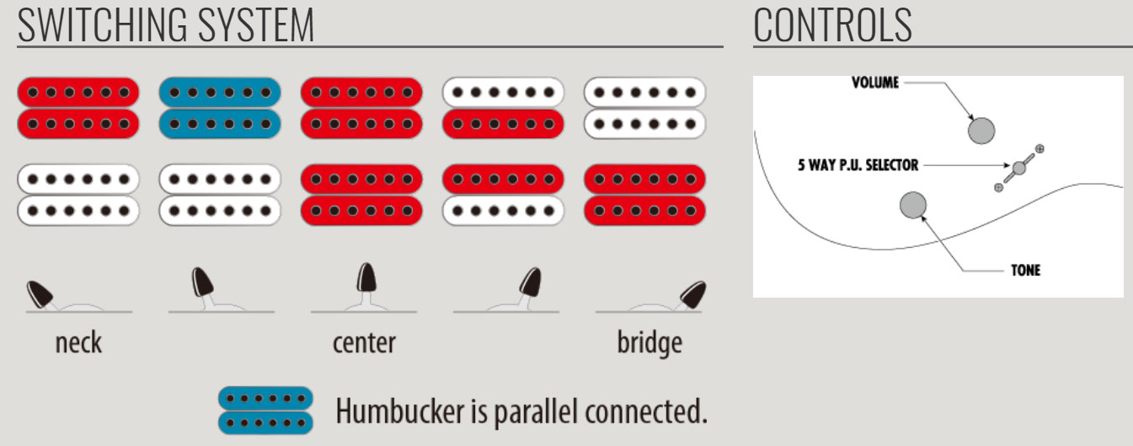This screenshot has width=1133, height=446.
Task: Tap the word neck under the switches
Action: (x=78, y=343)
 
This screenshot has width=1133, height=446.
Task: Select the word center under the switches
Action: (x=364, y=343)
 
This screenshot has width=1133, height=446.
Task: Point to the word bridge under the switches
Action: (x=649, y=343)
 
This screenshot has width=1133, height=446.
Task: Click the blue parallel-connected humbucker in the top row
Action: (x=220, y=107)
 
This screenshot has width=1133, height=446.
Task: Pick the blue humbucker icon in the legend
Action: (x=265, y=410)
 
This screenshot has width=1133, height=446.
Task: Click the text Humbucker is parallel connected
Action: (x=521, y=411)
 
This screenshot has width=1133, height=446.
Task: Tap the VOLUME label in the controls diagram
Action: (x=874, y=83)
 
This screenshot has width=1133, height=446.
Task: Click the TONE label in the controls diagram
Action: (x=1025, y=271)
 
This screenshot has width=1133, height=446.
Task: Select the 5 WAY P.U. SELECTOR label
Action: (x=858, y=164)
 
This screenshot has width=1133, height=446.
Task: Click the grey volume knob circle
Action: (x=981, y=130)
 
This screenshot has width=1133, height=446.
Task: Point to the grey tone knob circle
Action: (x=913, y=205)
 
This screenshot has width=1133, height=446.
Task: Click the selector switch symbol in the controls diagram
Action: (x=1019, y=167)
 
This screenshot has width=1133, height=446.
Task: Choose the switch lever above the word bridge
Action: (x=692, y=293)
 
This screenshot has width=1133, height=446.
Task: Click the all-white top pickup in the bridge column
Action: (x=644, y=107)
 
